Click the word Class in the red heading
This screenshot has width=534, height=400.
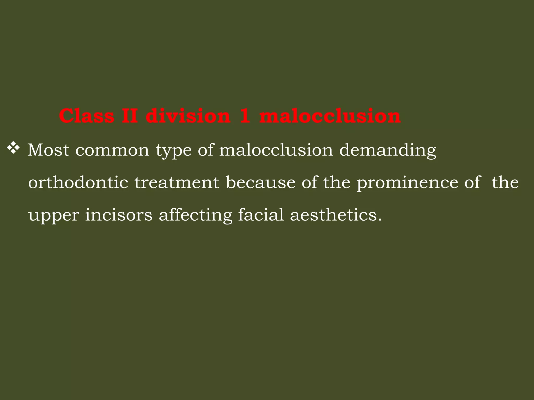[x=87, y=116]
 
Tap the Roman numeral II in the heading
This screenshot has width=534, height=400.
[x=130, y=116]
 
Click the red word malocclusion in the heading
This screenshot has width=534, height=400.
[x=330, y=116]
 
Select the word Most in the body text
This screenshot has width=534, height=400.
[x=48, y=150]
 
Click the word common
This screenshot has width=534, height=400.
[x=112, y=150]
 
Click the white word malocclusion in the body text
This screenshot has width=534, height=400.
[x=276, y=150]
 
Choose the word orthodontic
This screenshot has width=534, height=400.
[x=78, y=183]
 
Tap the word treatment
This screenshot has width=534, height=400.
[x=177, y=183]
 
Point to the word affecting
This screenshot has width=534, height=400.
[x=195, y=216]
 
